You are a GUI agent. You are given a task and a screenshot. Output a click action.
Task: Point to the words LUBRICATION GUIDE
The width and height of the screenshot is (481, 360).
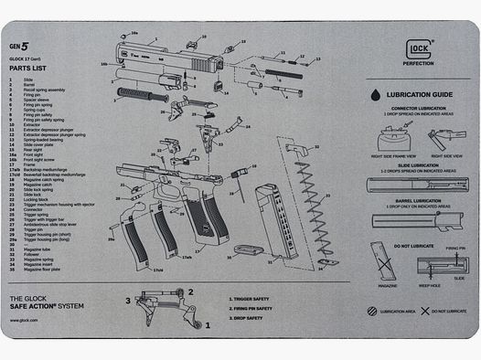[422, 94]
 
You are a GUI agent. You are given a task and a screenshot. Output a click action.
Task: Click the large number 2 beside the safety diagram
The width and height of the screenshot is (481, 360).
[190, 292]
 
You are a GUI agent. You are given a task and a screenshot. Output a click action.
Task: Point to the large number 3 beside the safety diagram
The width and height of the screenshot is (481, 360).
[127, 300]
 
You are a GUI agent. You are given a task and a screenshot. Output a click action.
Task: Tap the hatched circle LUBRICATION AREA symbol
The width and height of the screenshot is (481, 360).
[370, 312]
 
